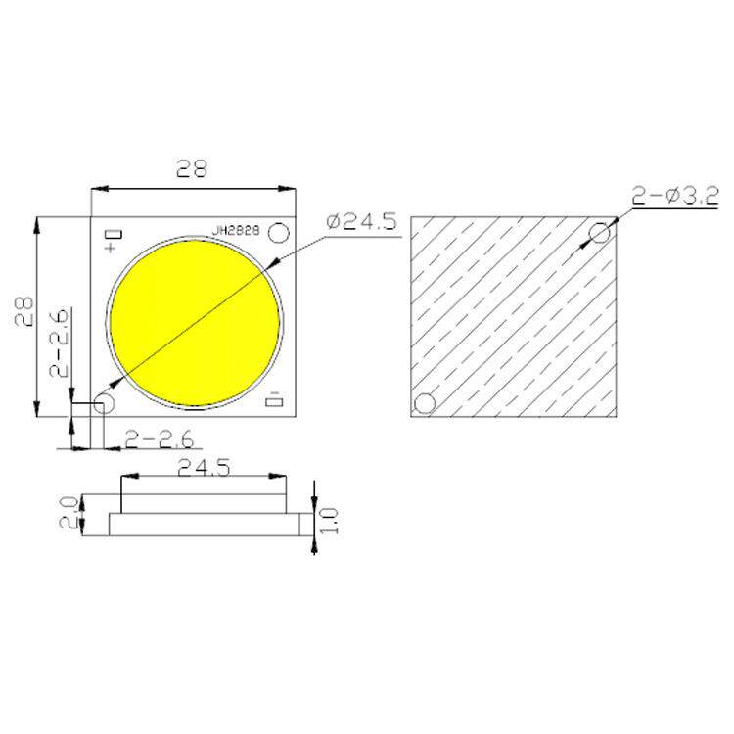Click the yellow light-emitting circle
(x=195, y=323)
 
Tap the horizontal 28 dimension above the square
(x=192, y=168)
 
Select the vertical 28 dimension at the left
(x=24, y=310)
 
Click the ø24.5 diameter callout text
(x=362, y=221)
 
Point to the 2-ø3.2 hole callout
(x=675, y=196)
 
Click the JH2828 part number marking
(x=236, y=231)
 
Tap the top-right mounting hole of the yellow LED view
(x=279, y=233)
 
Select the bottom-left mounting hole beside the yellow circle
(x=104, y=403)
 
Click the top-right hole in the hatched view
(x=600, y=233)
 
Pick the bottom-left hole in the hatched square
(x=425, y=403)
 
